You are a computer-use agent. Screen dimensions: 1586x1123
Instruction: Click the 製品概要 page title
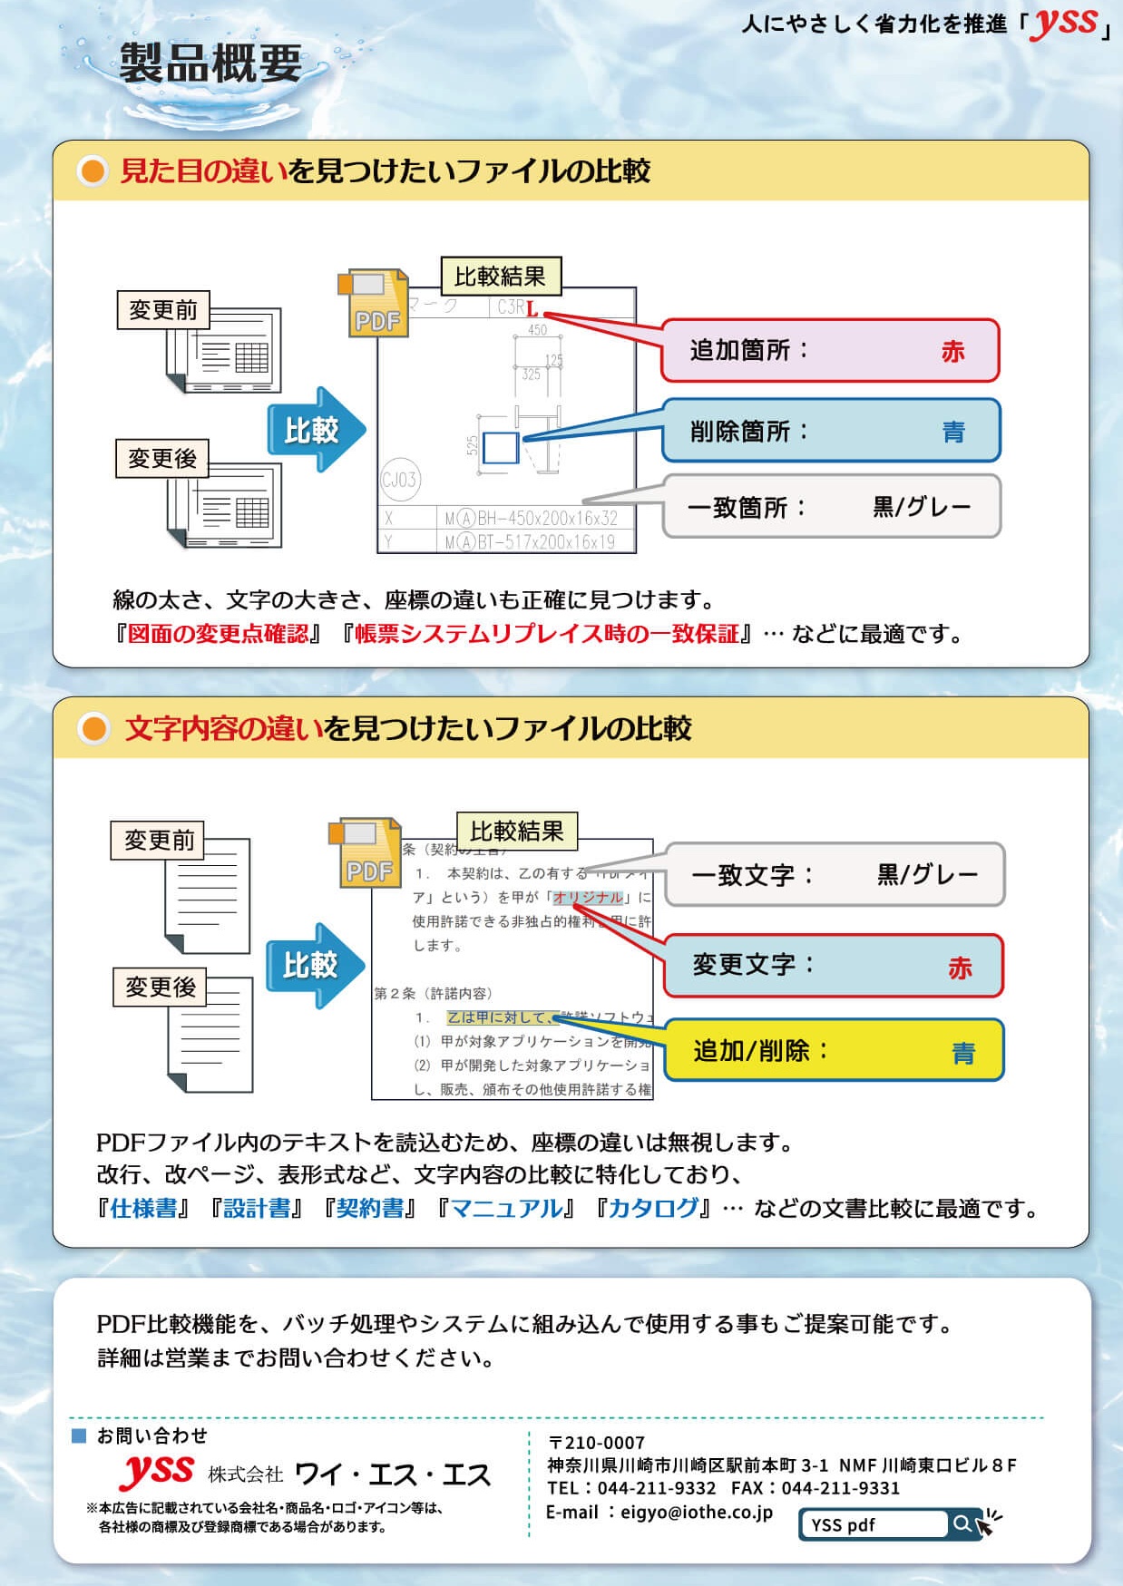pyautogui.click(x=210, y=63)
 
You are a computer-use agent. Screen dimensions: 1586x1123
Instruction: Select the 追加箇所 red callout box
pyautogui.click(x=830, y=350)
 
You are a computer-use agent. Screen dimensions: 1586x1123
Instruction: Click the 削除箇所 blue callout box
pyautogui.click(x=830, y=431)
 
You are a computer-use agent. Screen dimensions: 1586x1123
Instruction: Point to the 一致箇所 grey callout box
pyautogui.click(x=830, y=506)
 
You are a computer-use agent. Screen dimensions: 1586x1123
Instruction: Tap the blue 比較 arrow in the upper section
pyautogui.click(x=314, y=430)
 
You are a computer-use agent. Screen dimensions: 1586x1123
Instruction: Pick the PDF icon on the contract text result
pyautogui.click(x=366, y=853)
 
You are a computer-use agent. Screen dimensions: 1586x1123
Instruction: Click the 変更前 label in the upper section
pyautogui.click(x=163, y=310)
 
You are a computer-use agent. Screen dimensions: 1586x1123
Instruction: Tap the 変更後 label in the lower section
pyautogui.click(x=161, y=987)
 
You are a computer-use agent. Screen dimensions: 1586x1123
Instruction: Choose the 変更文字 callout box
pyautogui.click(x=834, y=966)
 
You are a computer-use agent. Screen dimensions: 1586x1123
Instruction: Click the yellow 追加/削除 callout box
pyautogui.click(x=834, y=1050)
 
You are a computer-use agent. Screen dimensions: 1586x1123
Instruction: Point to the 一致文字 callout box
pyautogui.click(x=834, y=875)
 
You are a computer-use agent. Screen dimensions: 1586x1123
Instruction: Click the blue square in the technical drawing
pyautogui.click(x=500, y=447)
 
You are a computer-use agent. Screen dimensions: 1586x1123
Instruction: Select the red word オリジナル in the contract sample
pyautogui.click(x=588, y=897)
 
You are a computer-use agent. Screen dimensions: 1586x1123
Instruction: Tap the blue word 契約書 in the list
pyautogui.click(x=370, y=1208)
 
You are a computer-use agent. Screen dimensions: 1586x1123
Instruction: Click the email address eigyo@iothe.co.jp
pyautogui.click(x=696, y=1512)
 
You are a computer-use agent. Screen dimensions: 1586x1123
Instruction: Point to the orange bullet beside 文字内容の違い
pyautogui.click(x=93, y=728)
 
